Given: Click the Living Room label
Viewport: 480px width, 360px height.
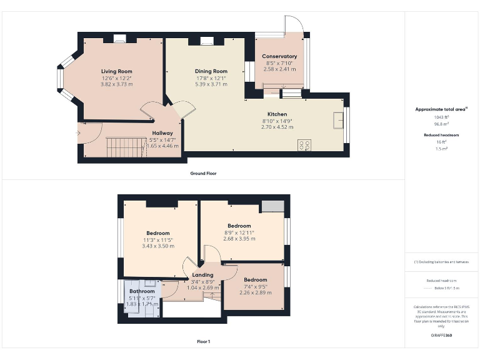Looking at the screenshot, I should coord(117,71).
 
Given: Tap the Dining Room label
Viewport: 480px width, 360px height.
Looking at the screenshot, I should coord(211,71).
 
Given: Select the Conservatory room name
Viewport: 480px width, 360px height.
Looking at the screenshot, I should coord(279,56).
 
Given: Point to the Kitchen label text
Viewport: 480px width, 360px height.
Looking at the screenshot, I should coord(277,114).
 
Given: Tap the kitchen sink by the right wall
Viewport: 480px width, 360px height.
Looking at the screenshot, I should coord(338,119).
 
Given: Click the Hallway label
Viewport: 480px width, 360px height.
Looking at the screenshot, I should coord(162,133).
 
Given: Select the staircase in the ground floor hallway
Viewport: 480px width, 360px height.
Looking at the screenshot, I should coord(118,147).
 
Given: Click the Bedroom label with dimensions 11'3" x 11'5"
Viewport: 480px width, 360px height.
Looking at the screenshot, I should coord(158,233).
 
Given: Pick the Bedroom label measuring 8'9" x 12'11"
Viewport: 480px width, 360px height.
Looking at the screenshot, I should coord(239,226).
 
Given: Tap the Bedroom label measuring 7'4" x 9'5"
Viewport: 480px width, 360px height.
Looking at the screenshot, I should coord(255,279).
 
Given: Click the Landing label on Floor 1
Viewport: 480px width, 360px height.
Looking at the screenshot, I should coord(202,275).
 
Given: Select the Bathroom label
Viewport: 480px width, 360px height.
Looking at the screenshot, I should coord(142,291).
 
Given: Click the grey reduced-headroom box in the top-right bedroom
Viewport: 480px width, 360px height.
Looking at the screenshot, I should coord(272,207).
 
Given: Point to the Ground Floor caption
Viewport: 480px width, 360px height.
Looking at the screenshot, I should coord(203,173).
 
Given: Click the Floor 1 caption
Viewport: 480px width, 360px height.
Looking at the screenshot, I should coord(203,342).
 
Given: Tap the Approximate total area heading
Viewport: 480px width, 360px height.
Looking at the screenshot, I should coord(441,109).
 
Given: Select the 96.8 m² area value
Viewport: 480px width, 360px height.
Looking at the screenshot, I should coord(442,124).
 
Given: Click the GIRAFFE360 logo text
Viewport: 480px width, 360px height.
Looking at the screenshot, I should coord(441,336).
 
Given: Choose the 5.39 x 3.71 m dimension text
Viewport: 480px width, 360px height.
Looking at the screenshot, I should coord(211,84).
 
